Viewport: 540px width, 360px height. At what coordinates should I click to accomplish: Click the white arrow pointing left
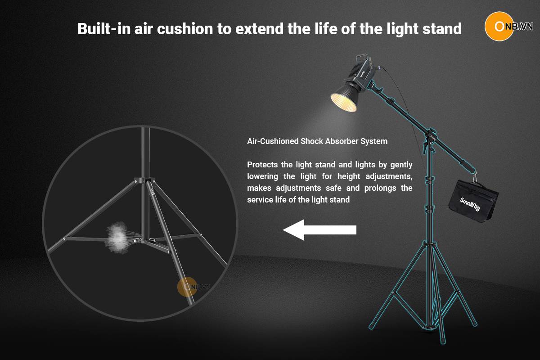(x=319, y=230)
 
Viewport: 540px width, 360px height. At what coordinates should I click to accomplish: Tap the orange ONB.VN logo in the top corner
(x=508, y=26)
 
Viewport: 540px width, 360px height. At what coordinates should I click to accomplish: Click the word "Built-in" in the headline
(x=104, y=29)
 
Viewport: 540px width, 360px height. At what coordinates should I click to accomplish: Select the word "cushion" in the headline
(x=185, y=29)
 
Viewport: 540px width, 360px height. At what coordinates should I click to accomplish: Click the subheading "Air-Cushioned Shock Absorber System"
(x=317, y=141)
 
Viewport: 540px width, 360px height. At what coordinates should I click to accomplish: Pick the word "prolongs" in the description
(x=380, y=188)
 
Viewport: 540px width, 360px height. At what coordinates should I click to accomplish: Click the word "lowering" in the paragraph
(x=262, y=176)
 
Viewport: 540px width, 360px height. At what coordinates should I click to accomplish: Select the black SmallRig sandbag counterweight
(x=473, y=201)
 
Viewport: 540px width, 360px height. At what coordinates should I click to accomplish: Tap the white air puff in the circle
(x=117, y=238)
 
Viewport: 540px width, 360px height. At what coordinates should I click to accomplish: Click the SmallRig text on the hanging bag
(x=470, y=204)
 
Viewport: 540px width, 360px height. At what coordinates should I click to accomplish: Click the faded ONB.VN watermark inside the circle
(x=193, y=287)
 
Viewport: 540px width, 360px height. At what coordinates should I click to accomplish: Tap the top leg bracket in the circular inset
(x=144, y=180)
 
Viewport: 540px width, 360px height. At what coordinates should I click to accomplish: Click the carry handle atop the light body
(x=362, y=58)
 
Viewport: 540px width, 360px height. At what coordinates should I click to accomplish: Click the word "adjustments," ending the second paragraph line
(x=389, y=176)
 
